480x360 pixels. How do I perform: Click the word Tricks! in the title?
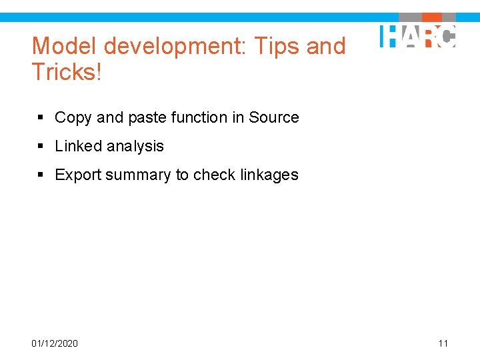point(67,73)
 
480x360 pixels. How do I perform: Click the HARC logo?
point(418,35)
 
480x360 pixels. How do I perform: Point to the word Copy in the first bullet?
point(73,118)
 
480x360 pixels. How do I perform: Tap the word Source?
point(274,118)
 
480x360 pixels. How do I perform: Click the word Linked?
point(77,146)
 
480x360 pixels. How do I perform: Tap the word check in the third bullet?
point(214,175)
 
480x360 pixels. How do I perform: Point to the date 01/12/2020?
point(55,343)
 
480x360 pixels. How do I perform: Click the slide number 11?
point(443,343)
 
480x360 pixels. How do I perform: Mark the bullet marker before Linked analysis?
point(41,147)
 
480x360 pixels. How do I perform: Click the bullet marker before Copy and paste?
point(41,118)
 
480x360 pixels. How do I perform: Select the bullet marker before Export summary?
point(41,175)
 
